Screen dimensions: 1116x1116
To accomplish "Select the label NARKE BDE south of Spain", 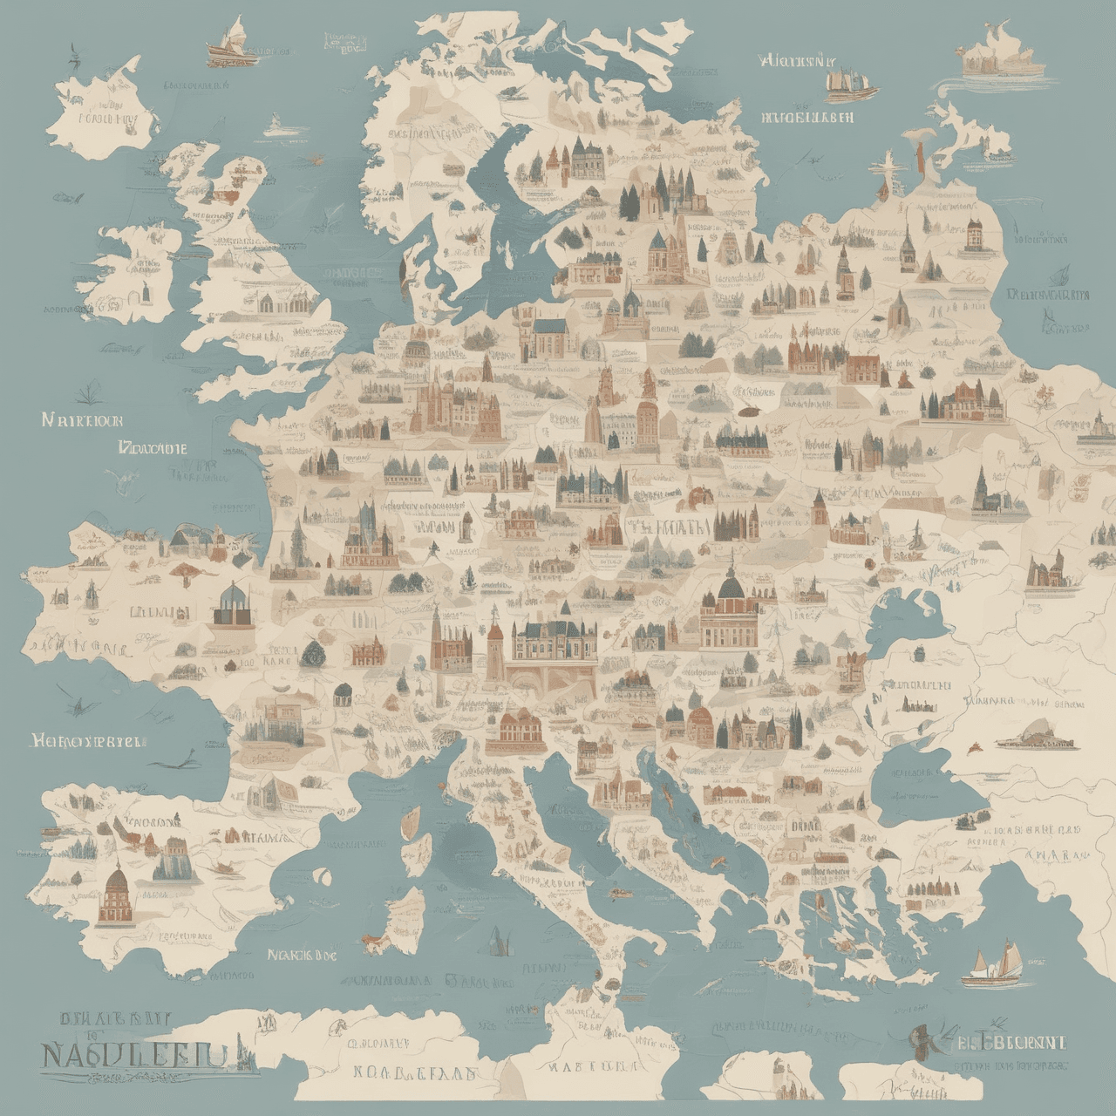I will pos(302,954).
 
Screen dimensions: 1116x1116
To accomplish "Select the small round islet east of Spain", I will pos(319,873).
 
